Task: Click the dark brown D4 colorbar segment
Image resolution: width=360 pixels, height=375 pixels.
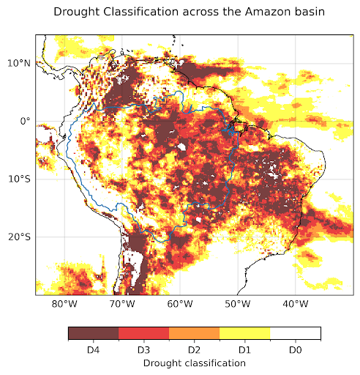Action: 93,333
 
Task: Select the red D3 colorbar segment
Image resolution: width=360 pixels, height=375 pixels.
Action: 143,333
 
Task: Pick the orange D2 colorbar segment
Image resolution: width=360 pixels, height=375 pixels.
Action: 194,333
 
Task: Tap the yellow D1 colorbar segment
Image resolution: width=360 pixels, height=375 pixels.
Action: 244,333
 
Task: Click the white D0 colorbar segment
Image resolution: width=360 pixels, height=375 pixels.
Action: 295,333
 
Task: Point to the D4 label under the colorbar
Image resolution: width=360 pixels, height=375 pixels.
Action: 93,350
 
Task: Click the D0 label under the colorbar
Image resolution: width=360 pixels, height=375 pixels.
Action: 295,350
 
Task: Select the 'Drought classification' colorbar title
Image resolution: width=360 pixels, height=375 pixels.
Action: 194,363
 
